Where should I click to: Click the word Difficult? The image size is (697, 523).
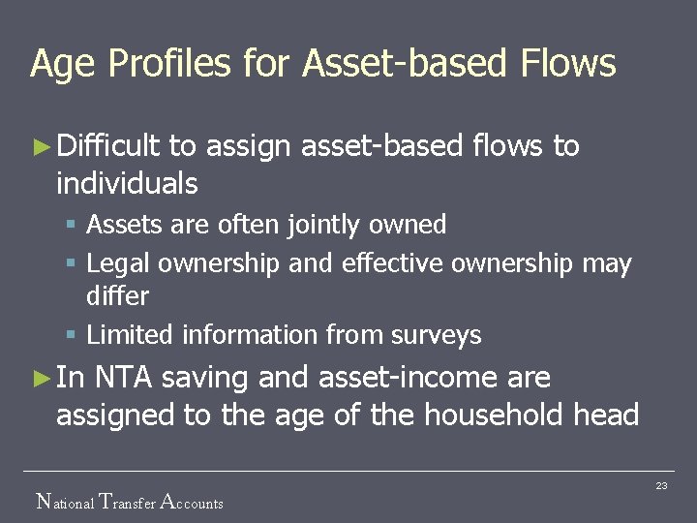pyautogui.click(x=107, y=146)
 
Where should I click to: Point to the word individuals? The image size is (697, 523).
pyautogui.click(x=127, y=183)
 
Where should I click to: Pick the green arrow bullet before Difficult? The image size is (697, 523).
pyautogui.click(x=40, y=147)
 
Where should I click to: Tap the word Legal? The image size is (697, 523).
pyautogui.click(x=117, y=264)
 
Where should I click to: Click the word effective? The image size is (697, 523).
pyautogui.click(x=393, y=263)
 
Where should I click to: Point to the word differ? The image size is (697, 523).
pyautogui.click(x=117, y=296)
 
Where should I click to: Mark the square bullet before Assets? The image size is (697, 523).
pyautogui.click(x=71, y=226)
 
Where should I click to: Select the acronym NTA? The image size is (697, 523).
pyautogui.click(x=125, y=378)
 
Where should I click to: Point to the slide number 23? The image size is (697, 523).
pyautogui.click(x=661, y=485)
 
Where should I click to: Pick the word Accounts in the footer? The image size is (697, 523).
pyautogui.click(x=191, y=502)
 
